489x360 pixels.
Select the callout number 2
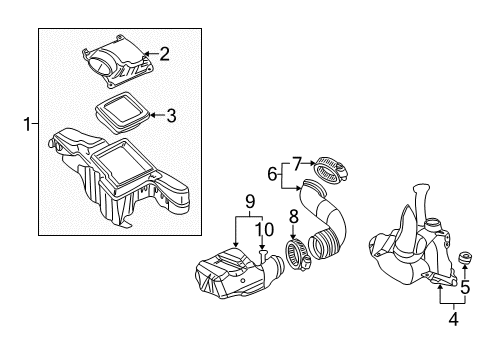165,54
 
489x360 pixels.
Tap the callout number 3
171,117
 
